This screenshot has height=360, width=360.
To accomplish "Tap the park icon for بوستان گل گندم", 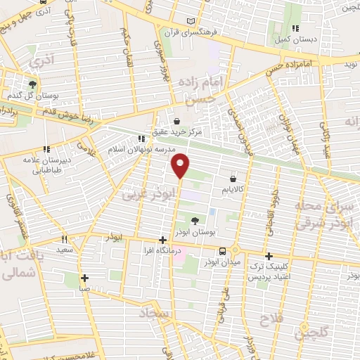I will click(x=32, y=84).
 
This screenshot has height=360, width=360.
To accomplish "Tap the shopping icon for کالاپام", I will click(x=232, y=179).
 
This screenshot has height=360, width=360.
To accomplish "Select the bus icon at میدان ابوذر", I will click(x=222, y=250).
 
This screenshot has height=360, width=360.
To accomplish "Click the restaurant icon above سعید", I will click(x=64, y=238).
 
